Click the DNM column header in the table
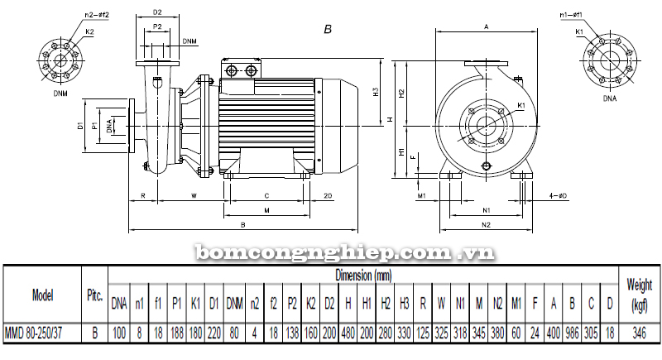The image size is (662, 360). [235, 304]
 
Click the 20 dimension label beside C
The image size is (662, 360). [328, 196]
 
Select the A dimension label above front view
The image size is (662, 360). [487, 27]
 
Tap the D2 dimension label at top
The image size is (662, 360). [158, 13]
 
